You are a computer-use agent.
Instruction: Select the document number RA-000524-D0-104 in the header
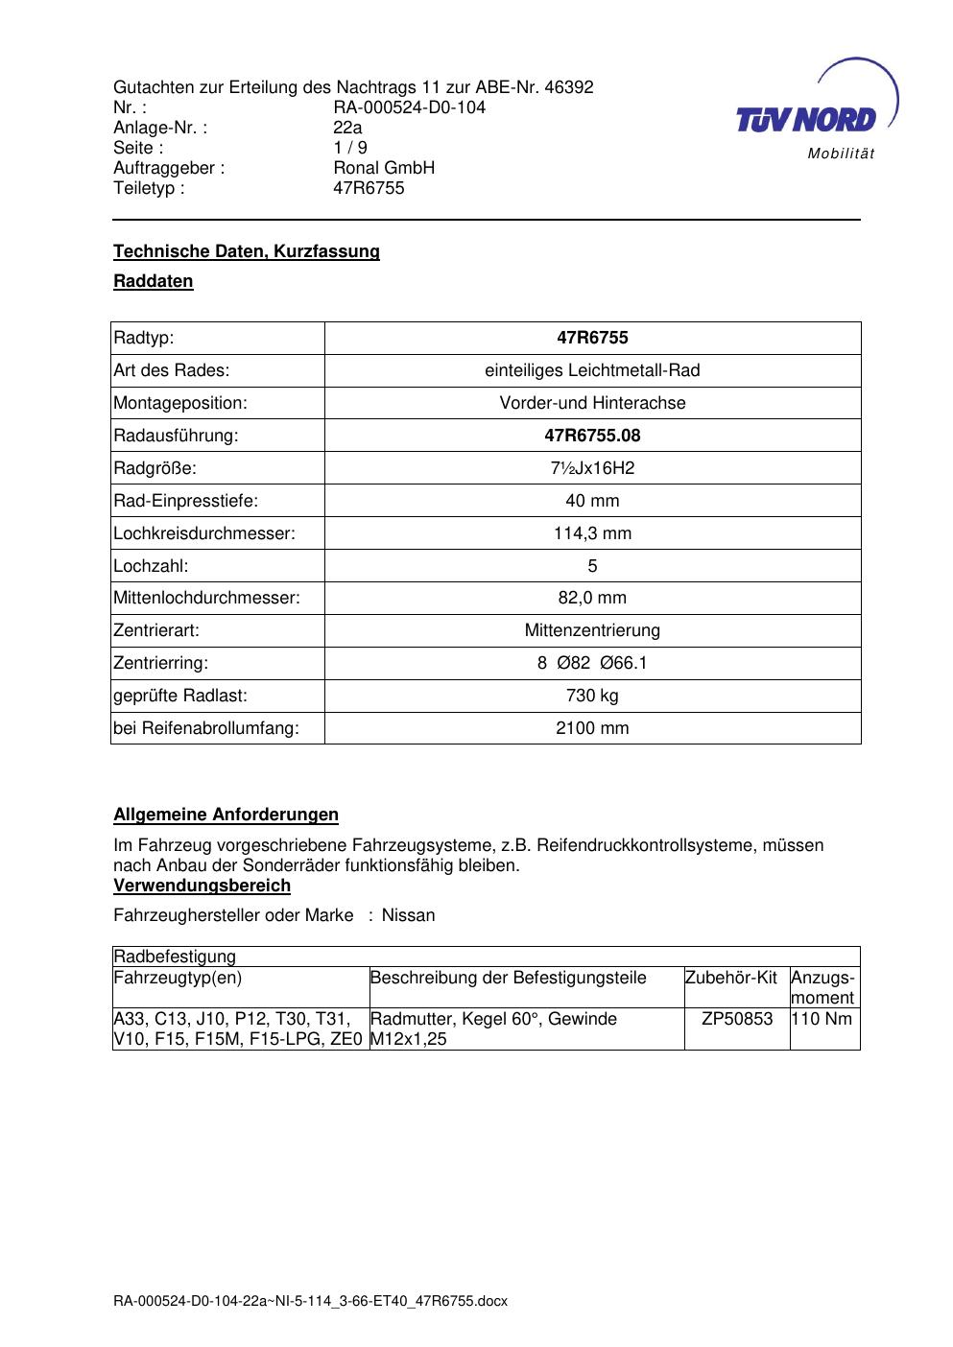pyautogui.click(x=409, y=107)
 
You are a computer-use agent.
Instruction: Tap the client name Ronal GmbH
pyautogui.click(x=384, y=168)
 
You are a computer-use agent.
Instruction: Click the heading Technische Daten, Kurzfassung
pyautogui.click(x=247, y=251)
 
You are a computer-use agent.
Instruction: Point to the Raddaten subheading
pyautogui.click(x=154, y=281)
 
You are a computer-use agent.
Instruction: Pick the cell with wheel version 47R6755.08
pyautogui.click(x=592, y=436)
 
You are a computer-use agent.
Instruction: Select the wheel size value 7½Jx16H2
pyautogui.click(x=592, y=468)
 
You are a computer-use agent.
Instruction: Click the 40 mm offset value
pyautogui.click(x=592, y=501)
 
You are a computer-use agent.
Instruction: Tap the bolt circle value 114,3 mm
pyautogui.click(x=592, y=533)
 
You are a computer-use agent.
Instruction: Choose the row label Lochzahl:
pyautogui.click(x=151, y=566)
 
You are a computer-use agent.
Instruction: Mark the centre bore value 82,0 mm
pyautogui.click(x=592, y=598)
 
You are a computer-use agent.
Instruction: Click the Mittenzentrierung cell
pyautogui.click(x=592, y=630)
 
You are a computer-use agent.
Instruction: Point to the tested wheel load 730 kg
pyautogui.click(x=592, y=696)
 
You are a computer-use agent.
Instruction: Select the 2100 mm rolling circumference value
pyautogui.click(x=592, y=728)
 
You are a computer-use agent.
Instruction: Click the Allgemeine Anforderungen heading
pyautogui.click(x=226, y=815)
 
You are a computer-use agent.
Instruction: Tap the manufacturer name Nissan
pyautogui.click(x=408, y=915)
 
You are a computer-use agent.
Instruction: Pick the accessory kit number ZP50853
pyautogui.click(x=737, y=1019)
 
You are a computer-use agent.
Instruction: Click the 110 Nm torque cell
pyautogui.click(x=823, y=1019)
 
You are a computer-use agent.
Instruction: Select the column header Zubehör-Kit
pyautogui.click(x=731, y=978)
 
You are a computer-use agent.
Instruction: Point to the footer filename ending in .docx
pyautogui.click(x=310, y=1301)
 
